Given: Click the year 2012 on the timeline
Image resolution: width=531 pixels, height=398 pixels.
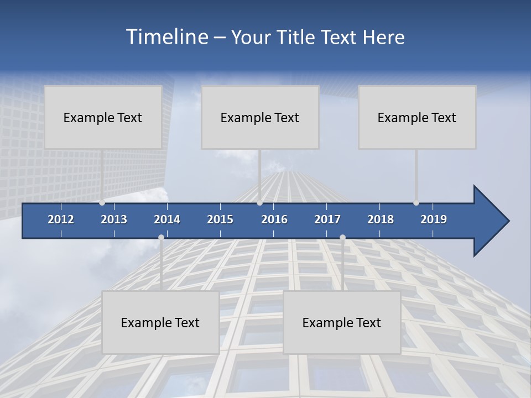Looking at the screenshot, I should (61, 219).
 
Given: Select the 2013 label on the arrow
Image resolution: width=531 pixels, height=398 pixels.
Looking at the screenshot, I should (114, 219).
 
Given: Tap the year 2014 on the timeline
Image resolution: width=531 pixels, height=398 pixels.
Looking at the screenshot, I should (167, 219).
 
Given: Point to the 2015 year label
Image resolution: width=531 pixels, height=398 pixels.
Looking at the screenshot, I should (220, 219).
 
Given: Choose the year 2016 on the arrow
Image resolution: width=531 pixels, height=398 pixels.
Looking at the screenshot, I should (274, 219).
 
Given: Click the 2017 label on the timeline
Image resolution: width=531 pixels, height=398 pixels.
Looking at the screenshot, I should (327, 219).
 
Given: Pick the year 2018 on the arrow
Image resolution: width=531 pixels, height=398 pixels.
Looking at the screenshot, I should (381, 219).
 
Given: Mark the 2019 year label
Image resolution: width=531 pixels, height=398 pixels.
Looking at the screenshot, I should (434, 219).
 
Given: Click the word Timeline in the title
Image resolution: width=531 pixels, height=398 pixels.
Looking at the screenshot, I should (166, 37).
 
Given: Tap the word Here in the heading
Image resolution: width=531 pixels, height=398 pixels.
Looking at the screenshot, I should (383, 38).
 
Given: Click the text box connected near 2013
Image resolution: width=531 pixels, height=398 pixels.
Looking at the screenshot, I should (103, 117).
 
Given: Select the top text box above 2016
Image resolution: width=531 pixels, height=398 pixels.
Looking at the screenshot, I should (260, 117).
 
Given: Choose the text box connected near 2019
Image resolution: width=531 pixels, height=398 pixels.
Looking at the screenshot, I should (417, 117).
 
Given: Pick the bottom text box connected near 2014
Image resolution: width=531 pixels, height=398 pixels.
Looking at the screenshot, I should (160, 322).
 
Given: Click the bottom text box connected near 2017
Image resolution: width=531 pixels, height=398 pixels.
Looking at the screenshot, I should (342, 322).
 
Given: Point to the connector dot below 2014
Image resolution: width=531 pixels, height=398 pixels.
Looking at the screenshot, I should (161, 238).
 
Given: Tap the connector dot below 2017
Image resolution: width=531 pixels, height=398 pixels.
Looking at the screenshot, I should (342, 238).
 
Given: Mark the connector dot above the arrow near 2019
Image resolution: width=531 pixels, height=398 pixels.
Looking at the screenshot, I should (416, 203).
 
